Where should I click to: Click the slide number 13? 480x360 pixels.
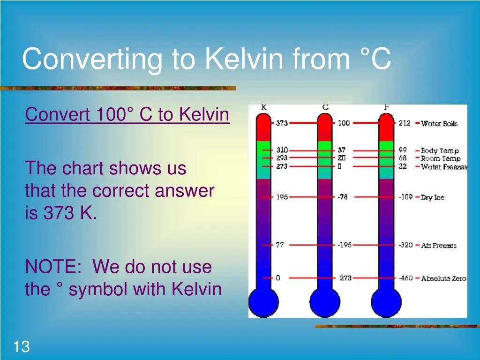(22, 347)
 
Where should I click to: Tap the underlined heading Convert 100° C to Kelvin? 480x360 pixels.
(127, 114)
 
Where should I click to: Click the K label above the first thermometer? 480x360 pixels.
(264, 107)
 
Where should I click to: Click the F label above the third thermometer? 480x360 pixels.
(386, 107)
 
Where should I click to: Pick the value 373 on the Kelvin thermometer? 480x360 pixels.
(282, 123)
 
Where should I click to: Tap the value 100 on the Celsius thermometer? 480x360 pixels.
(344, 123)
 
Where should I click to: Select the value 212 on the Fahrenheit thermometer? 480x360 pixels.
(405, 123)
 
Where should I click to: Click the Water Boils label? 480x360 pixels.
(439, 123)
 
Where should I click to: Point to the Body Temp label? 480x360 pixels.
(439, 150)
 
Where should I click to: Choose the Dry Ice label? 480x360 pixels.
(432, 197)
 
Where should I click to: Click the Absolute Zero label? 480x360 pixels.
(443, 278)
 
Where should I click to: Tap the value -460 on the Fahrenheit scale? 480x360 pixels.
(405, 278)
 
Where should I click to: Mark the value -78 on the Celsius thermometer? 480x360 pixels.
(343, 197)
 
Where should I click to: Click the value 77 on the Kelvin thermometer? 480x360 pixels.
(279, 245)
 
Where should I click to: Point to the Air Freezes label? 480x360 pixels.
(438, 245)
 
